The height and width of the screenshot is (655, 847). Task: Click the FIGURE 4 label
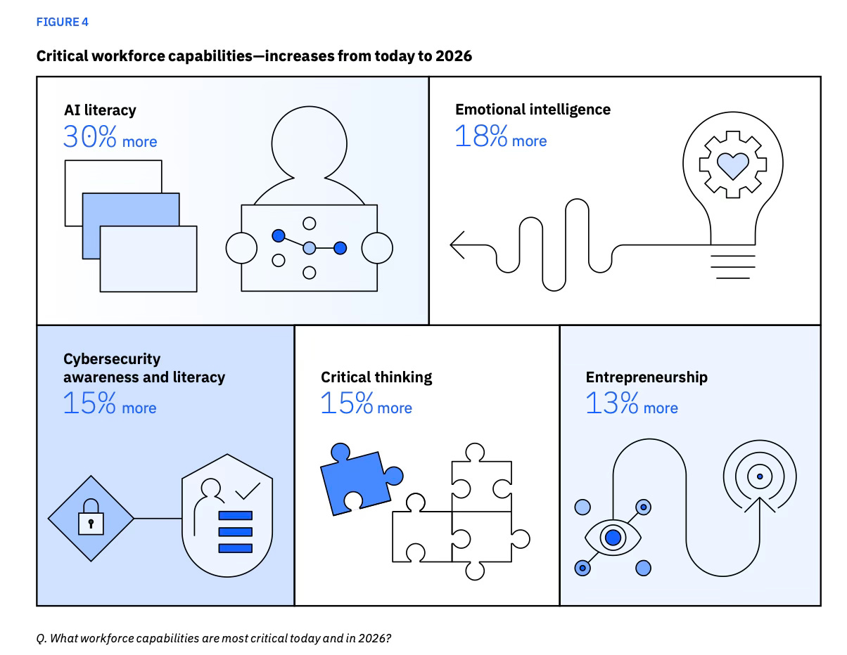[x=63, y=22]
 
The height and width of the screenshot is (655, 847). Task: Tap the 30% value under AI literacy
[x=89, y=136]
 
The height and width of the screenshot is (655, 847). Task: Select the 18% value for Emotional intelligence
[x=480, y=136]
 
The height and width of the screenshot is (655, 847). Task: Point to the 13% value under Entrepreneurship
[x=611, y=403]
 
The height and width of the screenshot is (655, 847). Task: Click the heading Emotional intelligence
[x=533, y=109]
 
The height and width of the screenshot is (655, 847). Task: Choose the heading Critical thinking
[x=376, y=377]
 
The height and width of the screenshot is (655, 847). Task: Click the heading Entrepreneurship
[x=647, y=377]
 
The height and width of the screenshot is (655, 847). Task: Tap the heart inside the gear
[x=732, y=164]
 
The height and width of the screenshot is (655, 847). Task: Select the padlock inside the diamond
[x=90, y=518]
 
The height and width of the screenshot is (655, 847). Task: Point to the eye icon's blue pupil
[x=613, y=538]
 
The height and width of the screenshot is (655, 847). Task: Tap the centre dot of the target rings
[x=760, y=476]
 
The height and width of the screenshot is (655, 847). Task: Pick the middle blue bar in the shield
[x=235, y=532]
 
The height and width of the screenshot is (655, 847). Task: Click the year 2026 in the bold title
[x=454, y=56]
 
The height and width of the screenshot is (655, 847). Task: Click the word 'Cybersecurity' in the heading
[x=112, y=358]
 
